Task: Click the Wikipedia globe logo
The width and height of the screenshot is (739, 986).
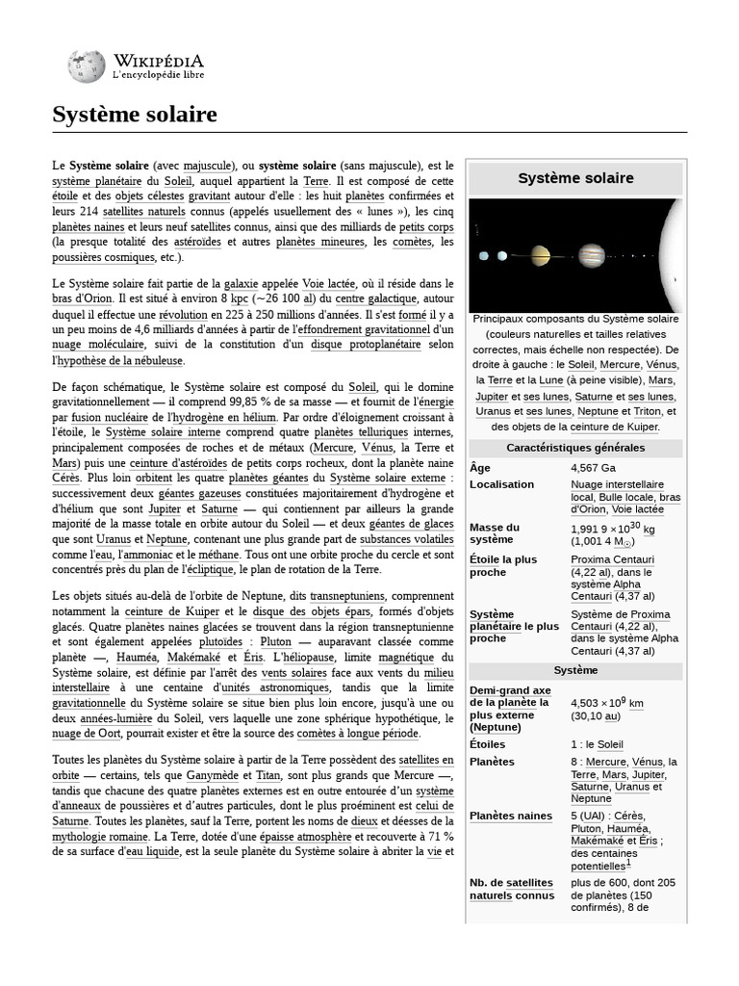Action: [87, 65]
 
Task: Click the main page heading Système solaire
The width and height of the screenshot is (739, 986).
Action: [135, 115]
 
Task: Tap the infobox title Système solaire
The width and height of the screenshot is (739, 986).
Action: [575, 178]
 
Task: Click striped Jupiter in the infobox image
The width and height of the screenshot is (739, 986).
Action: [591, 256]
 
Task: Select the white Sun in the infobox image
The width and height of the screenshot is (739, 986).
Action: [675, 256]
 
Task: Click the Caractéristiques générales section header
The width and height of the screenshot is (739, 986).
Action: [575, 448]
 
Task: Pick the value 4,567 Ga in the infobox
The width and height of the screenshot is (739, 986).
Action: [593, 468]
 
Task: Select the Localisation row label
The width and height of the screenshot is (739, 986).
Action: [501, 484]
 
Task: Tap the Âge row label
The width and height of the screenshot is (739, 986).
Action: [480, 468]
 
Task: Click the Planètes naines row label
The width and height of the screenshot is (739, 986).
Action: [511, 816]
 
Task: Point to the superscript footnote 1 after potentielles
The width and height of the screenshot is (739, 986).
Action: [628, 864]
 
